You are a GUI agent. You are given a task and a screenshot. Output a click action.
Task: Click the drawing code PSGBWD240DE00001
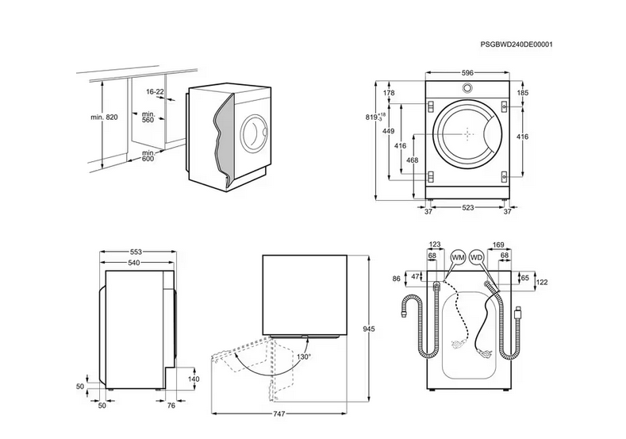tap(517, 45)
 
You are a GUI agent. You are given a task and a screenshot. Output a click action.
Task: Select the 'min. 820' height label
tap(103, 117)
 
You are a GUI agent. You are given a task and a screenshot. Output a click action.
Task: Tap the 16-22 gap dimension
tap(155, 92)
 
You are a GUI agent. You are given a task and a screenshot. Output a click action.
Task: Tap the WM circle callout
tap(458, 258)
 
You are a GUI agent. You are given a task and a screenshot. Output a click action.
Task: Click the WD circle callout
tap(476, 258)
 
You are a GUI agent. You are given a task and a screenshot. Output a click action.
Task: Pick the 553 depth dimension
tap(136, 251)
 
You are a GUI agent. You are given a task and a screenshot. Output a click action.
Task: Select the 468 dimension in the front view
tap(412, 160)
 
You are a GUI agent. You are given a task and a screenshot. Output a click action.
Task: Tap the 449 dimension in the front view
tap(389, 132)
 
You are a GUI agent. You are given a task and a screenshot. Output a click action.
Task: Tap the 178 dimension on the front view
tap(389, 94)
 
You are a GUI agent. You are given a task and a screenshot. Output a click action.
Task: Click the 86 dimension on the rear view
tap(397, 279)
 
